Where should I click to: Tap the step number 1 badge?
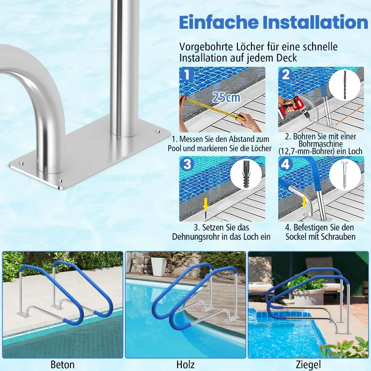[x=187, y=75]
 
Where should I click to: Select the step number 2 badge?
[x=286, y=74]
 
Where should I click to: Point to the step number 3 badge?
[x=187, y=164]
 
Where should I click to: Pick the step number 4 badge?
[x=286, y=164]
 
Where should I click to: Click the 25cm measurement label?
[x=226, y=97]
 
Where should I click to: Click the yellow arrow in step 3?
[x=205, y=204]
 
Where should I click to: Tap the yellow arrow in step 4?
[x=304, y=203]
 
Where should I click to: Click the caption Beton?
[x=63, y=365]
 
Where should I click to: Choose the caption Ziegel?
[x=308, y=365]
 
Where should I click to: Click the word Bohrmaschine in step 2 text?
[x=320, y=144]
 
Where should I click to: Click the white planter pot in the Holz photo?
[x=159, y=267]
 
